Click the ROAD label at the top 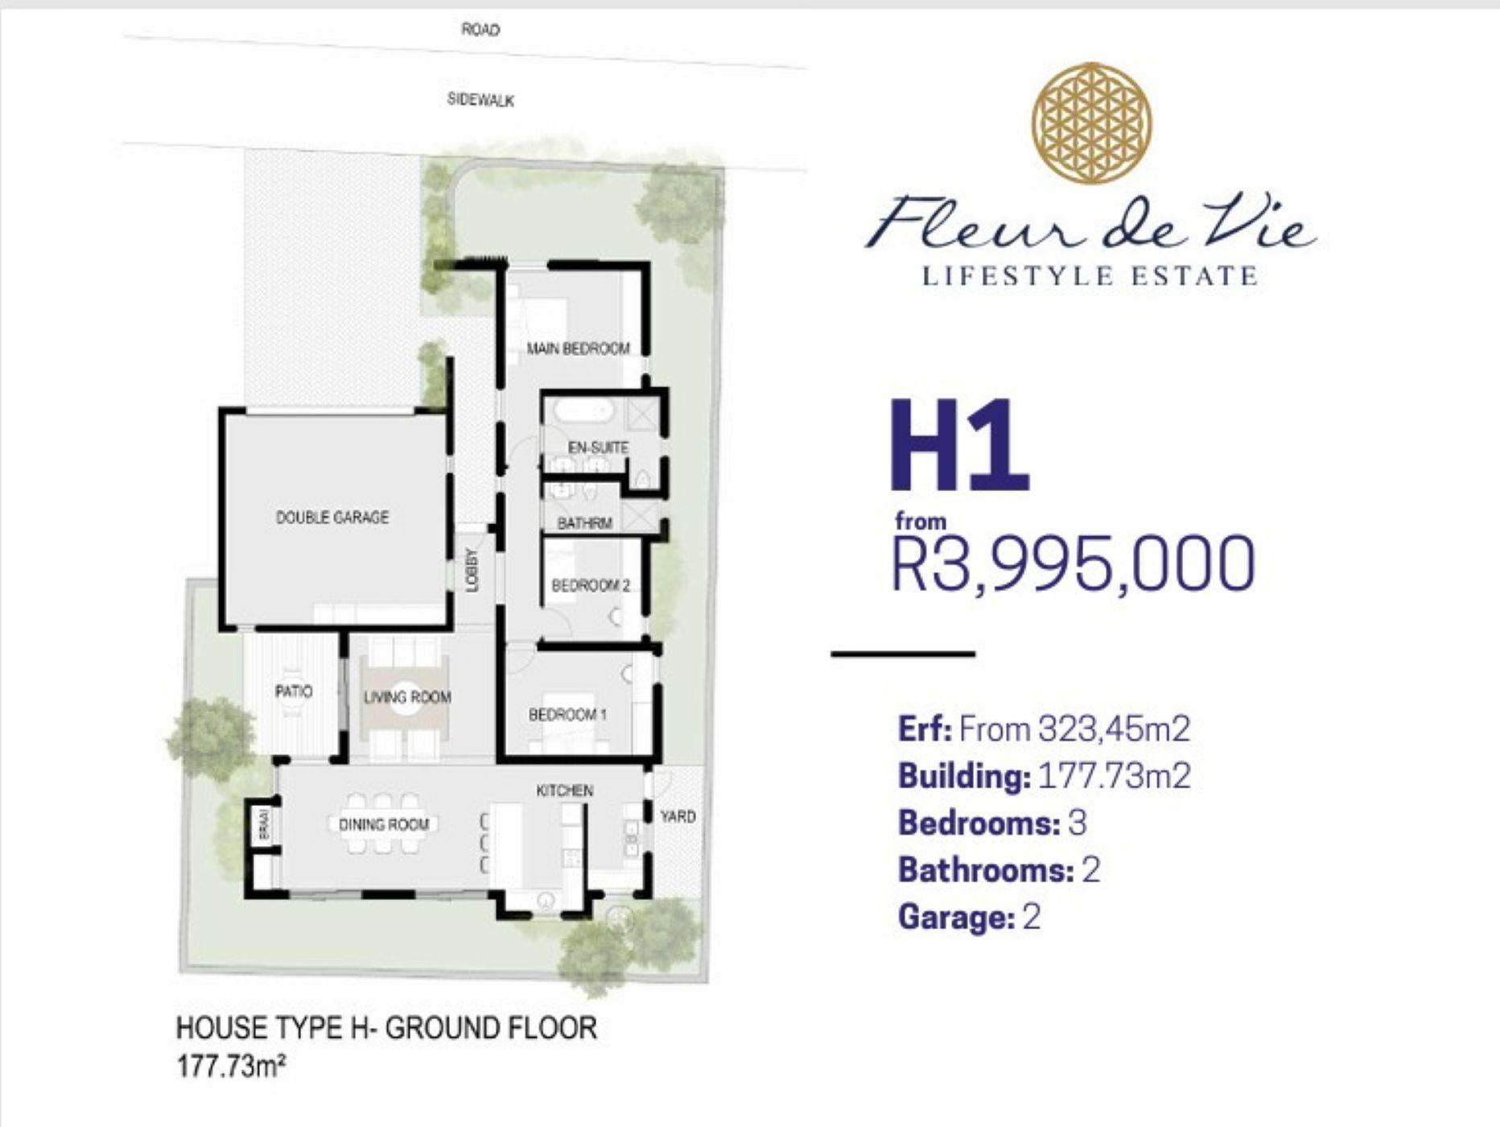(x=480, y=30)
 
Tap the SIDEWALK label (x=480, y=100)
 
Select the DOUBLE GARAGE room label (x=332, y=517)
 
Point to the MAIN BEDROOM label (x=578, y=349)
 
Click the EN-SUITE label (x=598, y=447)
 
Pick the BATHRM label (x=585, y=523)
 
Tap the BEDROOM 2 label (x=591, y=585)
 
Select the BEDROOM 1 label (x=568, y=714)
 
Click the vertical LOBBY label (x=472, y=570)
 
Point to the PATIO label (x=294, y=691)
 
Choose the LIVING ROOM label (x=407, y=696)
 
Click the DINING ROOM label (x=384, y=824)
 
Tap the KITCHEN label (x=565, y=791)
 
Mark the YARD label (x=678, y=816)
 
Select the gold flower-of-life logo (x=1092, y=122)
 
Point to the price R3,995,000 (x=1074, y=563)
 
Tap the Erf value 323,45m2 (x=1115, y=729)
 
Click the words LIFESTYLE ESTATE (x=1089, y=276)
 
